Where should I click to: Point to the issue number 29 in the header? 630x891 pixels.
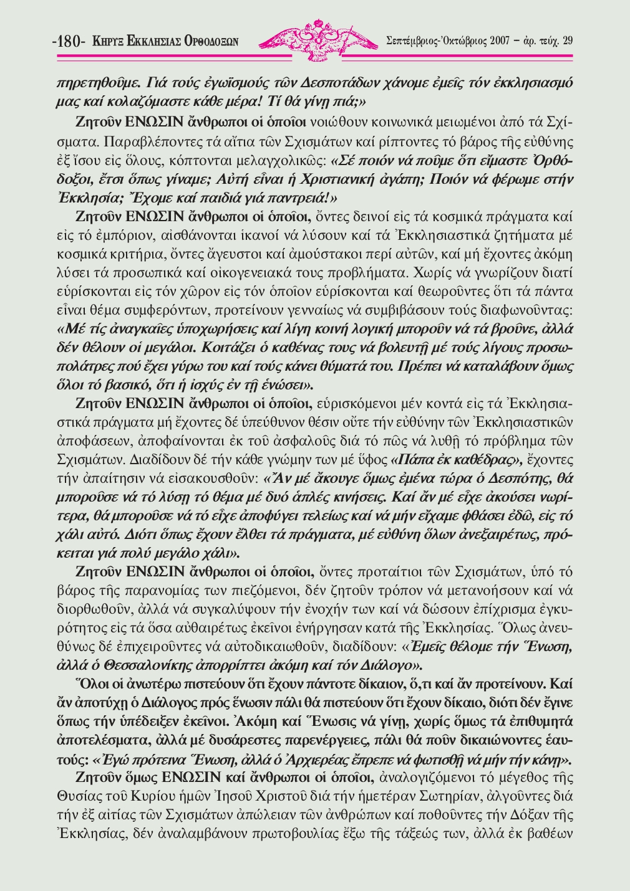coord(567,41)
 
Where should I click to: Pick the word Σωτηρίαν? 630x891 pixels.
coord(442,795)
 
